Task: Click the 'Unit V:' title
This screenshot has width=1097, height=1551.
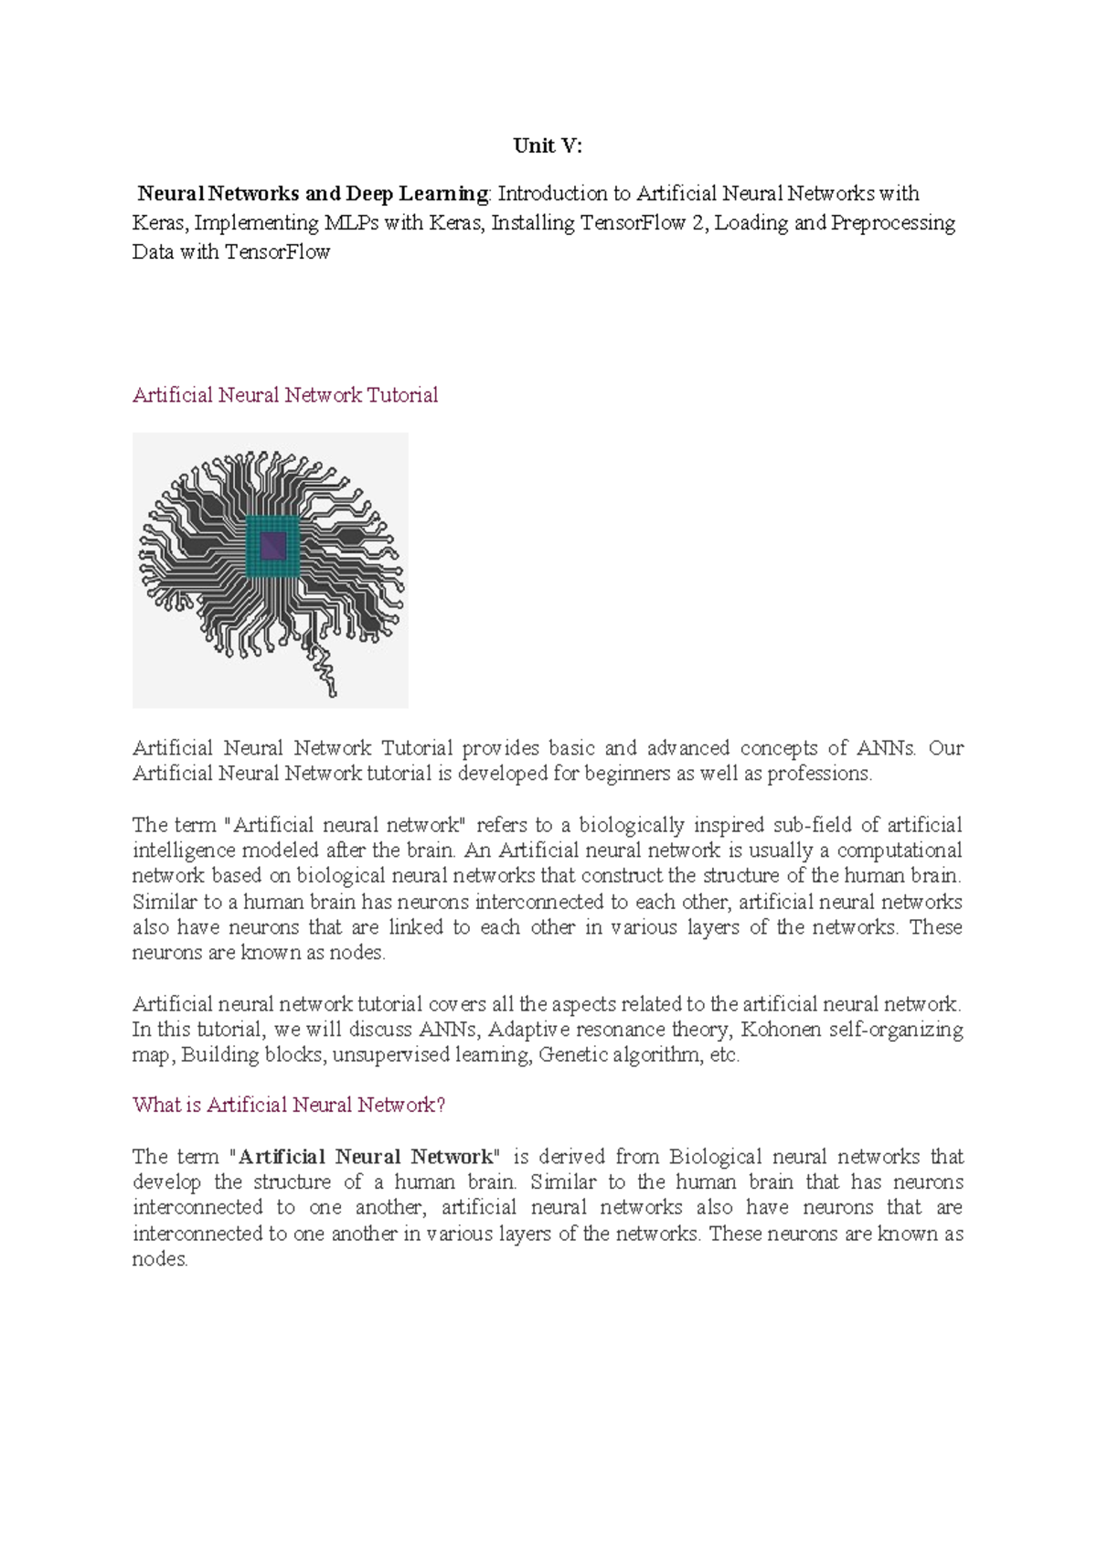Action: pos(547,145)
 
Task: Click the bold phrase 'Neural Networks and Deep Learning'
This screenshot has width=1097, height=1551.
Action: pos(313,194)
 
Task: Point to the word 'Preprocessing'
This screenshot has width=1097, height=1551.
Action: pos(892,223)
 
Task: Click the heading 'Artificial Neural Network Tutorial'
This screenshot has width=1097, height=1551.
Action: pos(285,395)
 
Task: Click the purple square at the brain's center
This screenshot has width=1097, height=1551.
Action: pos(273,547)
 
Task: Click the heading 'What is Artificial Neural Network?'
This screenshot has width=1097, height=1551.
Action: pos(289,1105)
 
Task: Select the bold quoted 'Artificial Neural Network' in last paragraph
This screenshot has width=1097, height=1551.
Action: pos(365,1157)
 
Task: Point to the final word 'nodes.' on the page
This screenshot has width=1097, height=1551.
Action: pos(160,1259)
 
